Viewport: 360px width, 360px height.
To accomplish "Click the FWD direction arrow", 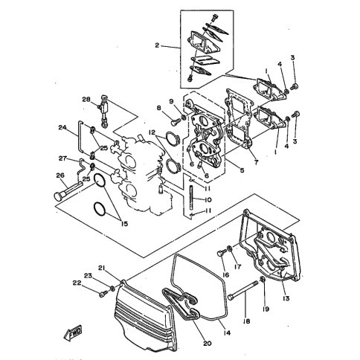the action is pos(74,332).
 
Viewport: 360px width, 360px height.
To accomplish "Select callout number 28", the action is pos(86,100).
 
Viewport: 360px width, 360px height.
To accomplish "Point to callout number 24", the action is pos(62,127).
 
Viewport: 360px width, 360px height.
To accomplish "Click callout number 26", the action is pos(60,176).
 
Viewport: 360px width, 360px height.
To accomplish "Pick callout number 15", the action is pos(124,224).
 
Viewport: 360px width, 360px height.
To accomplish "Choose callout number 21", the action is pos(101,268).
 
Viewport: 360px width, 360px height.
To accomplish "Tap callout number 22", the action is pos(77,283).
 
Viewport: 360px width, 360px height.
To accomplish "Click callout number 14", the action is pos(227,332).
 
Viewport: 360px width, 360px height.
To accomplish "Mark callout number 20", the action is pos(208,343).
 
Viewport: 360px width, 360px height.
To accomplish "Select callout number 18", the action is pos(247,321).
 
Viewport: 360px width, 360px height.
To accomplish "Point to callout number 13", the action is pos(286,298).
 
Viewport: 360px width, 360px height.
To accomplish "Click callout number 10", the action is pos(208,199).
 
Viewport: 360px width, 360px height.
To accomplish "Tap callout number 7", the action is pos(256,162).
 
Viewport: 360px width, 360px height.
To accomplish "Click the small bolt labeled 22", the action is pos(103,295).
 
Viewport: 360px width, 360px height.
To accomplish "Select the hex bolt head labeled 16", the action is pos(220,254).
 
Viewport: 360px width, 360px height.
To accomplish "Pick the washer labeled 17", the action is pos(229,248).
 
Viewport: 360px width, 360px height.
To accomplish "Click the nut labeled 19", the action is pos(263,280).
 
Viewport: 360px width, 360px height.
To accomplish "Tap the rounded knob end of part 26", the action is pos(58,197).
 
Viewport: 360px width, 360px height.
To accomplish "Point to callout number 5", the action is pos(242,170).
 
